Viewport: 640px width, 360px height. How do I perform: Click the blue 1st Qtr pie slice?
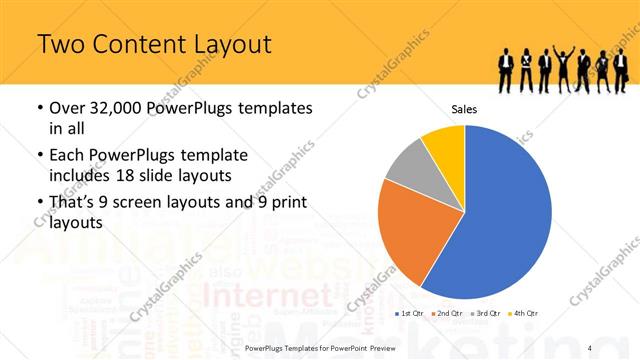click(x=500, y=215)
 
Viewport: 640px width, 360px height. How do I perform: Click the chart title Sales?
click(x=464, y=109)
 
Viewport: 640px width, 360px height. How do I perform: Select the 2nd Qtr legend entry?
click(x=447, y=314)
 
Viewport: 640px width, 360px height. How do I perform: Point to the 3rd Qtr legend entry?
click(x=485, y=314)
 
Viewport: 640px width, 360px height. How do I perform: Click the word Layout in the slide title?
click(x=226, y=44)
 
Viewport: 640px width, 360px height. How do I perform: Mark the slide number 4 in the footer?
click(x=590, y=347)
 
